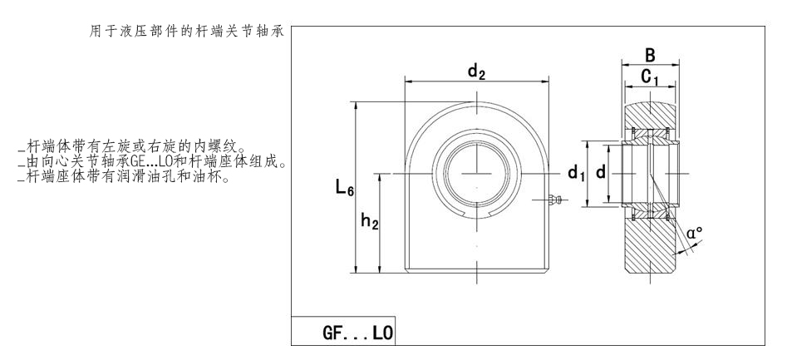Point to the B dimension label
650,57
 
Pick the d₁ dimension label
576,173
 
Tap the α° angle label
694,234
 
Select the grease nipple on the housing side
557,199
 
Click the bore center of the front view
477,172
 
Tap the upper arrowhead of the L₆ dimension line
357,106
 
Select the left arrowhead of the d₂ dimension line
408,81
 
